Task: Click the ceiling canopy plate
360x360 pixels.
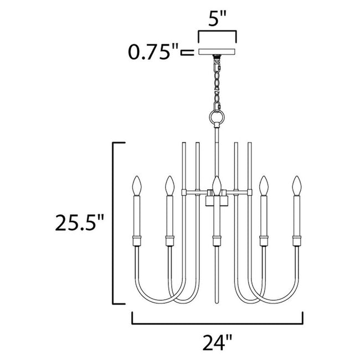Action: (217, 52)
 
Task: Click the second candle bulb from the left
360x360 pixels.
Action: (168, 185)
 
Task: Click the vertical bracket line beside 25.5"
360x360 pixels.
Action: (114, 223)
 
